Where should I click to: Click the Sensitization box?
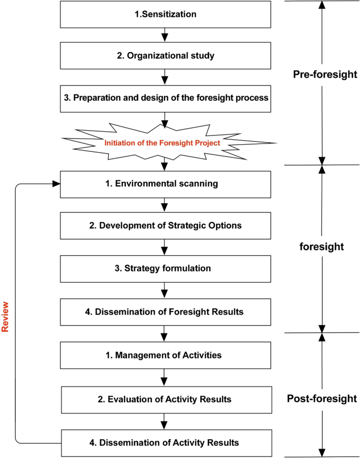(x=166, y=15)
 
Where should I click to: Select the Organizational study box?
(x=166, y=56)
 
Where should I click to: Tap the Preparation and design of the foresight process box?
(x=166, y=98)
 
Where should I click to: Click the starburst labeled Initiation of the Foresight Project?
(x=168, y=142)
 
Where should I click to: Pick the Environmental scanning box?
(x=166, y=184)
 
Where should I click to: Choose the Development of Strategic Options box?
(x=166, y=226)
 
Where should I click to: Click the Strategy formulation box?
(x=166, y=268)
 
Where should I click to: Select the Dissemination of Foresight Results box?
(x=166, y=311)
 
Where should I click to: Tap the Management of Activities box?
(x=166, y=356)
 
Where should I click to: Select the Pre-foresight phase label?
(x=325, y=75)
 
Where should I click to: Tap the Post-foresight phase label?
(x=322, y=399)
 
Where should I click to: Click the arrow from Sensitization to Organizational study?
(x=166, y=35)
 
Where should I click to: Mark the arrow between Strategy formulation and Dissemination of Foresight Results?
(x=166, y=290)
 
